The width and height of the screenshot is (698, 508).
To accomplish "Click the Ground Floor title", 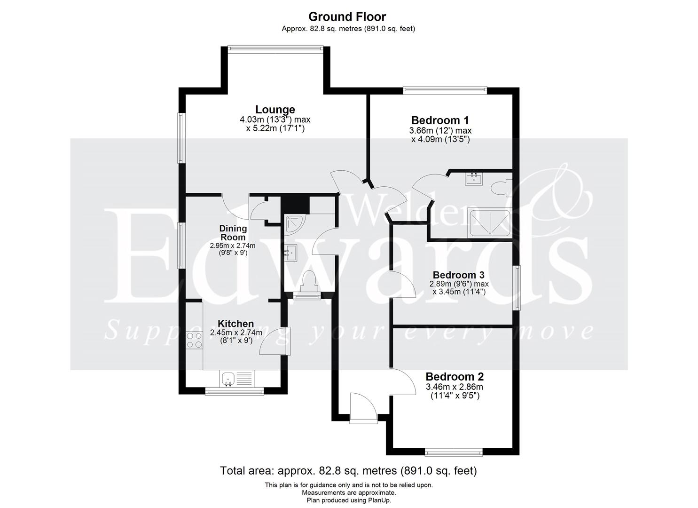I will pyautogui.click(x=347, y=16).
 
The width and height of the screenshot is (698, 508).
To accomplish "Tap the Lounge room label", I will pyautogui.click(x=275, y=110).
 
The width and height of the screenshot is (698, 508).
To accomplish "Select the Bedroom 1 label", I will pyautogui.click(x=440, y=120).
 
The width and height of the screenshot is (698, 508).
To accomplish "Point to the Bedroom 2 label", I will pyautogui.click(x=454, y=377).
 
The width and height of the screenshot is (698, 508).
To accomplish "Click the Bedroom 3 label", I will pyautogui.click(x=458, y=275).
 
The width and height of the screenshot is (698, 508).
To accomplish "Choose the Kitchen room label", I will pyautogui.click(x=235, y=324).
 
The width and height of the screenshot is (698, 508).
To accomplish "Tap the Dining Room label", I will pyautogui.click(x=233, y=232).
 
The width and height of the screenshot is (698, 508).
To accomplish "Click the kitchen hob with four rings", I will pyautogui.click(x=194, y=340).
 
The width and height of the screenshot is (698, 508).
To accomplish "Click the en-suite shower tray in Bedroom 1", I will pyautogui.click(x=490, y=222).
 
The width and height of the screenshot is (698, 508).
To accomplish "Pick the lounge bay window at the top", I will pyautogui.click(x=275, y=47).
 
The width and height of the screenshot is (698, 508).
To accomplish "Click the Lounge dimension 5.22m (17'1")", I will pyautogui.click(x=275, y=128).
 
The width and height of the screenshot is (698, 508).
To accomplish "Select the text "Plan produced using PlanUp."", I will pyautogui.click(x=348, y=500).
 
